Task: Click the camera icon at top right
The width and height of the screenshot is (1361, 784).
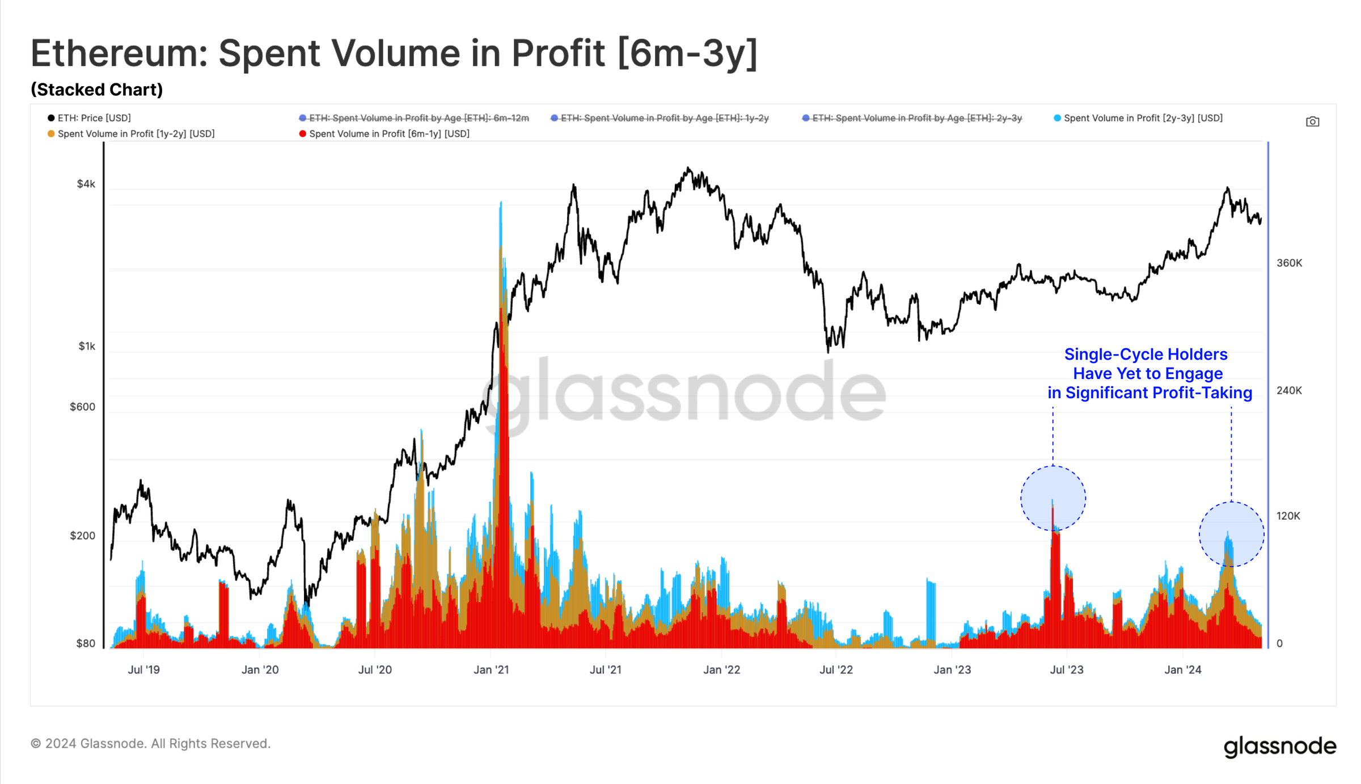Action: (1312, 121)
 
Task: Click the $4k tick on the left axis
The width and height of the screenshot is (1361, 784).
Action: (86, 184)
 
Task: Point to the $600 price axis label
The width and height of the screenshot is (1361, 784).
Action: (82, 407)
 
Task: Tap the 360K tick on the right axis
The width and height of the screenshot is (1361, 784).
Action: (1289, 263)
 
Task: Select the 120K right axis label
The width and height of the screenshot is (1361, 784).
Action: (1288, 516)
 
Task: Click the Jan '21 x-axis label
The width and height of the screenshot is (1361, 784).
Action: (491, 669)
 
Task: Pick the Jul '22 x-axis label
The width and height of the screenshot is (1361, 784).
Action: (836, 669)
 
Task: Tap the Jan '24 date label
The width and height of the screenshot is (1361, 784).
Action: (1182, 669)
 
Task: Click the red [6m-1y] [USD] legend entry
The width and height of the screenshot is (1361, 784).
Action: (385, 134)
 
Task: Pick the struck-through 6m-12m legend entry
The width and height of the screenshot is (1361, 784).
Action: (415, 118)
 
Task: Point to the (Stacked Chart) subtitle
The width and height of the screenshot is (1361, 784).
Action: (97, 90)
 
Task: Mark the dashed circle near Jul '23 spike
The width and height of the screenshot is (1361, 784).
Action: (1053, 498)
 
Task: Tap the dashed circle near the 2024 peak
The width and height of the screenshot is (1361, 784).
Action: (1231, 534)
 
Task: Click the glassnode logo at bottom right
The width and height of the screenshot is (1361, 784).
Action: (1279, 746)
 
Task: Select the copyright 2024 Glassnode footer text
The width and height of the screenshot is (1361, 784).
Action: (151, 743)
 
